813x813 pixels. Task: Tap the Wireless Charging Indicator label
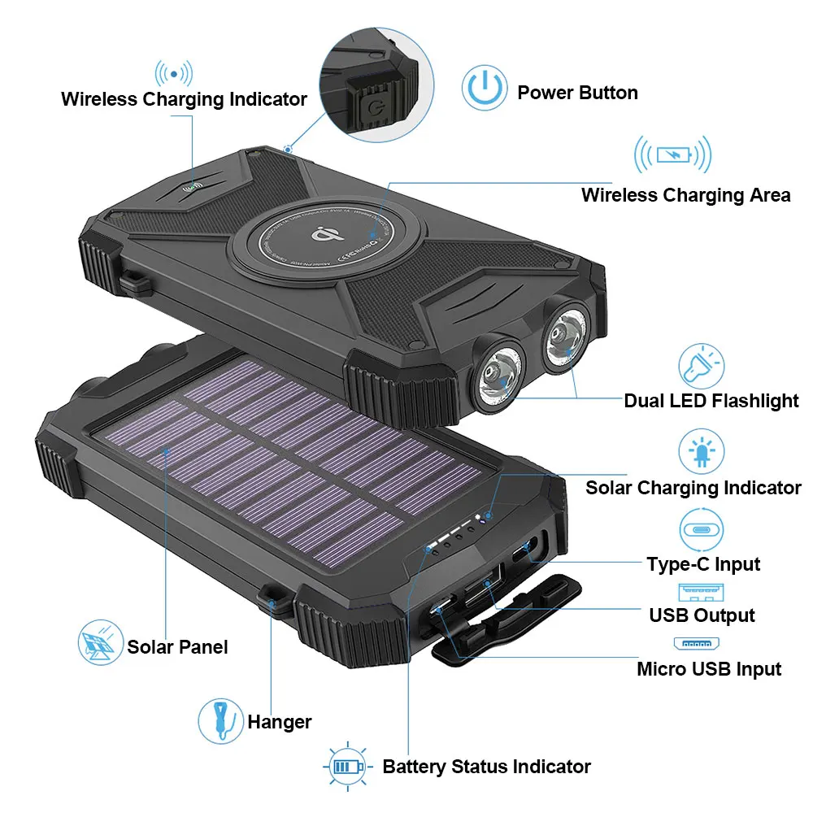click(x=184, y=99)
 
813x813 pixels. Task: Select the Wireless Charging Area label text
click(x=685, y=195)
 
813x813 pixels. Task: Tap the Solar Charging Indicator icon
click(x=701, y=451)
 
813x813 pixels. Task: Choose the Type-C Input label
click(x=703, y=564)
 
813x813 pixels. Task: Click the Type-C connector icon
click(x=701, y=529)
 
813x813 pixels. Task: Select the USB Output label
click(x=702, y=615)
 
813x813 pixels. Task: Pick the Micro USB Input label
click(x=708, y=669)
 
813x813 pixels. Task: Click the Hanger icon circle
click(x=220, y=720)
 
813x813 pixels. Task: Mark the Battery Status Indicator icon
click(x=347, y=766)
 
